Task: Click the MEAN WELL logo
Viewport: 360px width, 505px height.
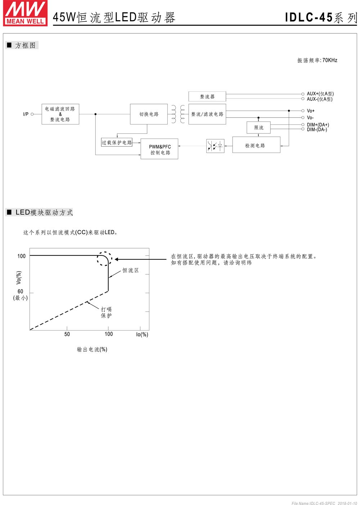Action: pyautogui.click(x=25, y=13)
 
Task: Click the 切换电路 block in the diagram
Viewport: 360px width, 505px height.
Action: pyautogui.click(x=149, y=114)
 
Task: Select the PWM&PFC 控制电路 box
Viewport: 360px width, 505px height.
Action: pyautogui.click(x=159, y=149)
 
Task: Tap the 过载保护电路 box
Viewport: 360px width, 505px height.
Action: pyautogui.click(x=117, y=142)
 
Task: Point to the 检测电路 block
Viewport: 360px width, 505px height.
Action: pyautogui.click(x=256, y=145)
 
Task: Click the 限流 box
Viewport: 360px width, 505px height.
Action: pyautogui.click(x=258, y=128)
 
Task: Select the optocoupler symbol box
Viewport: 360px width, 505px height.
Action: pyautogui.click(x=215, y=146)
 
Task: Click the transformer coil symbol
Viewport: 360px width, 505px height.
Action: pyautogui.click(x=178, y=114)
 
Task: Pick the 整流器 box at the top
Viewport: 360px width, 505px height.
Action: pyautogui.click(x=207, y=96)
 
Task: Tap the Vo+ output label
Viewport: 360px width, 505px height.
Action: pyautogui.click(x=311, y=111)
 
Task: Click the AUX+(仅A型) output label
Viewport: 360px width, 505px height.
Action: pyautogui.click(x=320, y=94)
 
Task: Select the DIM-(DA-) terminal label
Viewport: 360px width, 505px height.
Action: pyautogui.click(x=317, y=129)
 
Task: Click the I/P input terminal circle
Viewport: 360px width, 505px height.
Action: pyautogui.click(x=32, y=114)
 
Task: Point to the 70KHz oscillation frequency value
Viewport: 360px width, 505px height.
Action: pyautogui.click(x=330, y=60)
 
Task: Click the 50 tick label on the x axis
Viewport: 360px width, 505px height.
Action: pyautogui.click(x=67, y=335)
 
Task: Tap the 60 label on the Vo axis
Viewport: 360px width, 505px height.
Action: pyautogui.click(x=20, y=291)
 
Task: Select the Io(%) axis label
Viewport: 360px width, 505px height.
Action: pyautogui.click(x=142, y=335)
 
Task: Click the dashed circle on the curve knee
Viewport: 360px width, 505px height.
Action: pyautogui.click(x=104, y=259)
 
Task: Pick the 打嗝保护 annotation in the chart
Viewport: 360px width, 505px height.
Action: pyautogui.click(x=106, y=312)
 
